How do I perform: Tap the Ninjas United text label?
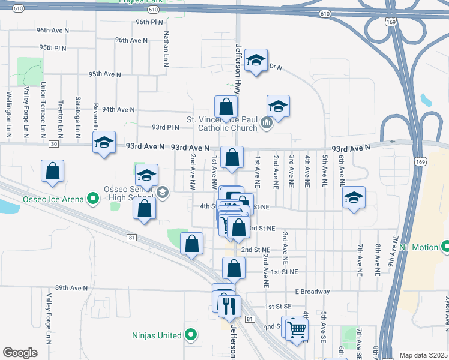(x=158, y=335)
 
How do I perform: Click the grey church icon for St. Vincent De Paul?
(x=267, y=124)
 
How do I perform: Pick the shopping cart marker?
(x=296, y=328)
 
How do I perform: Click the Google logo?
(x=20, y=353)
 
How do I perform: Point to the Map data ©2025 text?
(x=423, y=355)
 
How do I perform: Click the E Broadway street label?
(x=312, y=292)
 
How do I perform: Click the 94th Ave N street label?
(x=118, y=110)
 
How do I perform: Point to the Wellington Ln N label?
(x=9, y=114)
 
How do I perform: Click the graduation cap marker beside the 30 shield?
(x=104, y=143)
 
